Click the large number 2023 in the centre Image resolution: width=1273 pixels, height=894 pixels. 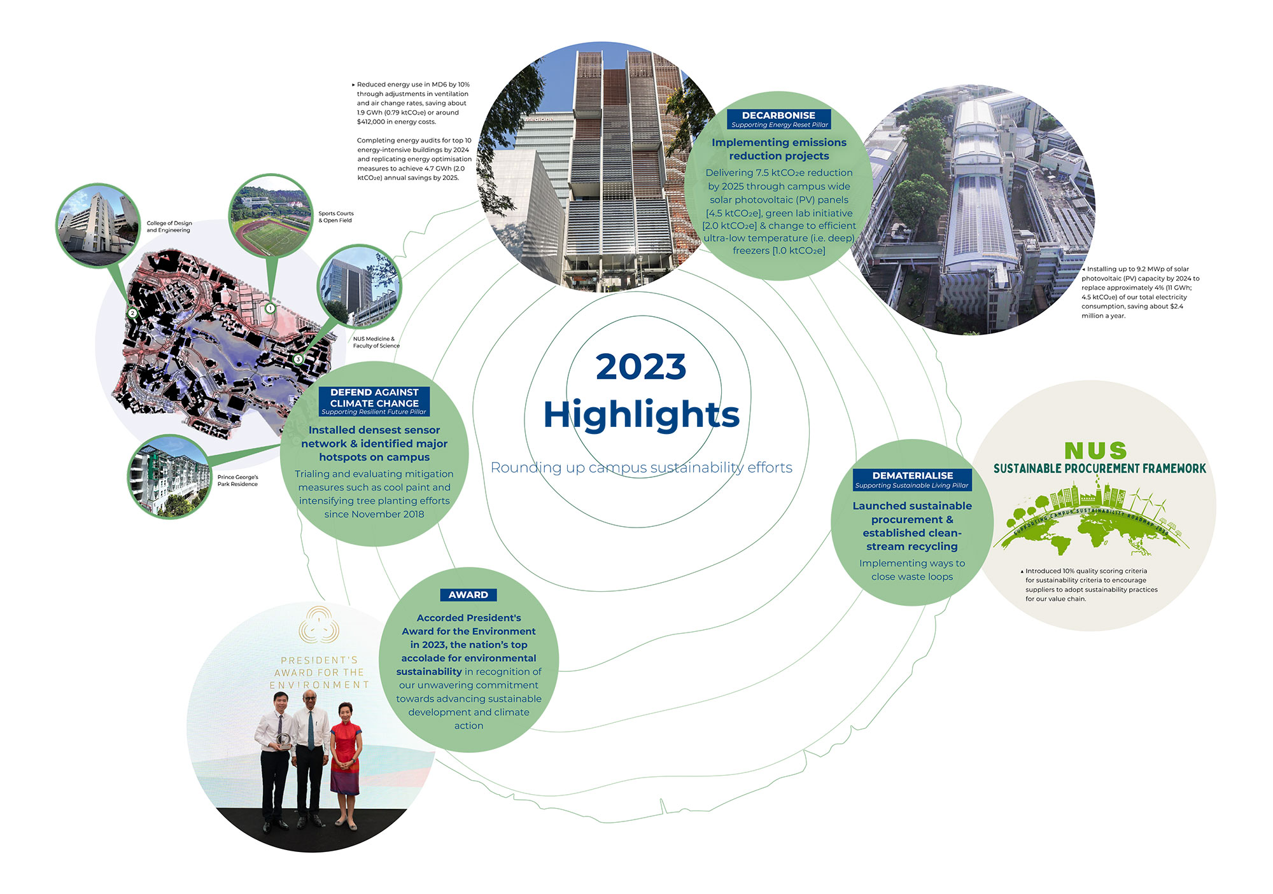pyautogui.click(x=641, y=367)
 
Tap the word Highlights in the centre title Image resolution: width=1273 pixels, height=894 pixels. pyautogui.click(x=641, y=415)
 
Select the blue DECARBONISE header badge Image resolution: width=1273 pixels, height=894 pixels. pyautogui.click(x=779, y=119)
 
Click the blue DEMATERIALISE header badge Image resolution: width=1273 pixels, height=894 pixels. pyautogui.click(x=912, y=480)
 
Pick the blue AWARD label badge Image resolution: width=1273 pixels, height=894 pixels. pyautogui.click(x=468, y=595)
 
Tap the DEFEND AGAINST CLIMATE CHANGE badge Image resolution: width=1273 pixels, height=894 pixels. pyautogui.click(x=374, y=402)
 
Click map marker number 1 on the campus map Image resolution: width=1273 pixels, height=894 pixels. pyautogui.click(x=270, y=309)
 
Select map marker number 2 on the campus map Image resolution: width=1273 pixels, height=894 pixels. pyautogui.click(x=132, y=313)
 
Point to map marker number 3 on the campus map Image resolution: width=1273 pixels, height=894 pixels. pyautogui.click(x=298, y=360)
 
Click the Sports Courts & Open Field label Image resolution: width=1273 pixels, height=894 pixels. pyautogui.click(x=336, y=217)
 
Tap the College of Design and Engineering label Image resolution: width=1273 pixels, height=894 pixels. pyautogui.click(x=169, y=227)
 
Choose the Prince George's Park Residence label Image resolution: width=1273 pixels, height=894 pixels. pyautogui.click(x=238, y=480)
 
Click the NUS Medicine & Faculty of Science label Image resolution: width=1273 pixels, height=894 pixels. pyautogui.click(x=376, y=342)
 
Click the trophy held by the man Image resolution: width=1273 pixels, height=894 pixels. pyautogui.click(x=283, y=739)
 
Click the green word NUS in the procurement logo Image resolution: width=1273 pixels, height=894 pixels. pyautogui.click(x=1095, y=450)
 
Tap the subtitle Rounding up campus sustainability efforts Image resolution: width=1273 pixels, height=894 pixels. pyautogui.click(x=642, y=468)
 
